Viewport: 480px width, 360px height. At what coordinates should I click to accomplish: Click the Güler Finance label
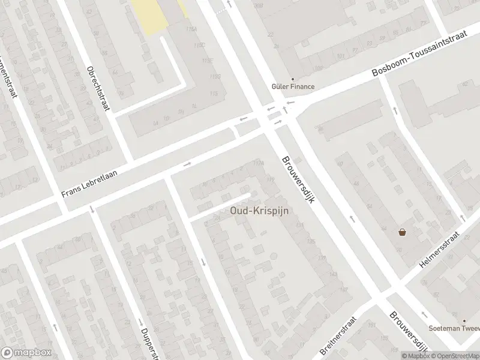click(294, 86)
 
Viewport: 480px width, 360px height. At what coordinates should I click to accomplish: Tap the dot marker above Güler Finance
click(293, 79)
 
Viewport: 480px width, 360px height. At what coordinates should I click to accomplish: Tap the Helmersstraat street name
click(440, 251)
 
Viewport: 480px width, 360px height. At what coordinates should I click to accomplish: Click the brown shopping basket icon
click(402, 232)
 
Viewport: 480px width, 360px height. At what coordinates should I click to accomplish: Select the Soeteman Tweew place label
click(454, 328)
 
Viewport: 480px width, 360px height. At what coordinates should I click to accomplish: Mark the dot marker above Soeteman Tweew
click(463, 320)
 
